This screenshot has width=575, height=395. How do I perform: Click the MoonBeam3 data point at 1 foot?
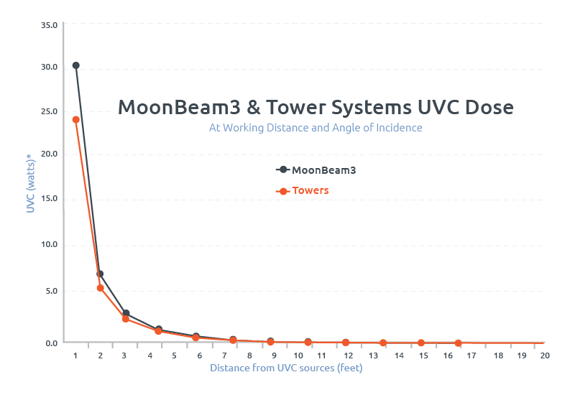tap(75, 65)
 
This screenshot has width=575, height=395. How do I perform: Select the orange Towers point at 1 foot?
tap(75, 119)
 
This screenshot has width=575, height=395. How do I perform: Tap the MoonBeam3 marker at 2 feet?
tap(100, 274)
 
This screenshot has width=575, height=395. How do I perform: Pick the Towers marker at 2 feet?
tap(101, 288)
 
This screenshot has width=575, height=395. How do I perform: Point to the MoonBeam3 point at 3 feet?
tap(126, 313)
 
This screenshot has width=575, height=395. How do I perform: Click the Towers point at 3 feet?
tap(126, 319)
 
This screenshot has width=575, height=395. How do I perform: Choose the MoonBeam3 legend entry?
tap(316, 170)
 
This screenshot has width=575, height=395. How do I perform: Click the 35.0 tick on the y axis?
tap(49, 25)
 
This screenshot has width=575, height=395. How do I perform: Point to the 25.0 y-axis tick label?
tap(49, 112)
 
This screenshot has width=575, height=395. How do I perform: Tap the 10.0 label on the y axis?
tap(49, 245)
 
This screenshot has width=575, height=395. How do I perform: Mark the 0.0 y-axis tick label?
tap(51, 343)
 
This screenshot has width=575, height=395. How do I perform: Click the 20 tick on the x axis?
tap(545, 355)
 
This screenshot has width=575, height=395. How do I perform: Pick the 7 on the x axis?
tap(224, 355)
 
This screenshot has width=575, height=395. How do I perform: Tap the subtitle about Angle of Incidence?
tap(316, 128)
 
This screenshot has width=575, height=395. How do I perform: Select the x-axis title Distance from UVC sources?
tap(286, 368)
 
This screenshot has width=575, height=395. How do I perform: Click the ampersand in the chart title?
tap(253, 108)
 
